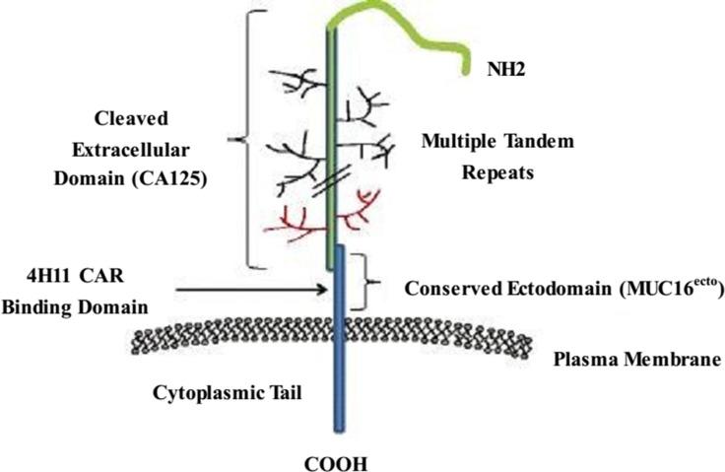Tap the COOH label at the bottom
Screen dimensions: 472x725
338,459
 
